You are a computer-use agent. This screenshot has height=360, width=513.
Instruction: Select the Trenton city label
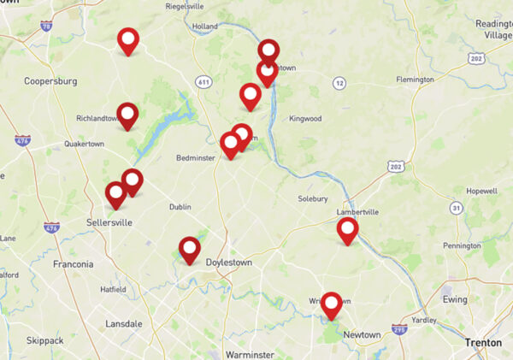[x=482, y=342]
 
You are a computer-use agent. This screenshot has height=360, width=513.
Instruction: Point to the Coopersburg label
[x=51, y=81]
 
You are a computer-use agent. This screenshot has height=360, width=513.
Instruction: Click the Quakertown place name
[x=84, y=144]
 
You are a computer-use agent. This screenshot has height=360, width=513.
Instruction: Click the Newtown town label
[x=362, y=334]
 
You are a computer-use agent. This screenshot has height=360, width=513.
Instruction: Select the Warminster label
[x=249, y=353]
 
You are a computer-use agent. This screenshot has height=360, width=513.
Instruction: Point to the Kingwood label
[x=305, y=118]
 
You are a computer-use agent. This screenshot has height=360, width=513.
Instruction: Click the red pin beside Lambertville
[x=347, y=229]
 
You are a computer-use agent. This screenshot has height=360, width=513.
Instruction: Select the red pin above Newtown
[x=331, y=304]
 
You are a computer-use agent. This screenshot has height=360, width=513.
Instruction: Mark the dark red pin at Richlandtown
[x=127, y=114]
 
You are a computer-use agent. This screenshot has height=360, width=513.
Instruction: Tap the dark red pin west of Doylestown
[x=190, y=248]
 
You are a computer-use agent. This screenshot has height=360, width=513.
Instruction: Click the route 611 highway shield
[x=203, y=81]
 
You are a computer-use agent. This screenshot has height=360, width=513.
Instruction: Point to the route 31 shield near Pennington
[x=457, y=208]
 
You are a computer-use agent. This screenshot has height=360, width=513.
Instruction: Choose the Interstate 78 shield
[x=45, y=27]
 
